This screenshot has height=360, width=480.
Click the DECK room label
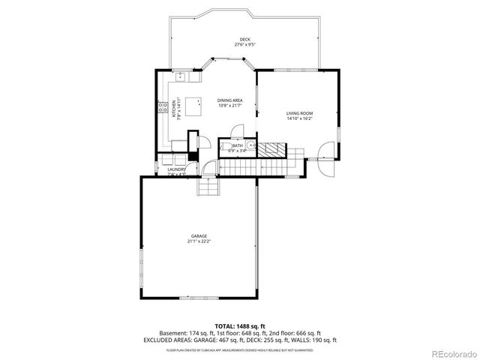click(x=244, y=39)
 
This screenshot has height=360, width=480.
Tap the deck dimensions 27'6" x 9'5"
click(x=244, y=45)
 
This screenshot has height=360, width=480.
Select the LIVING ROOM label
click(x=298, y=113)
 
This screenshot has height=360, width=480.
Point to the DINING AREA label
click(x=229, y=100)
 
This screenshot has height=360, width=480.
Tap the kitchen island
click(x=194, y=106)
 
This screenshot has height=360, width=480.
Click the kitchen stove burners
click(x=161, y=108)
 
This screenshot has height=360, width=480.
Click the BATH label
click(x=237, y=145)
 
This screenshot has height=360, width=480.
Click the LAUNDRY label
click(x=176, y=169)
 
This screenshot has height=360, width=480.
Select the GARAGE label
click(x=199, y=235)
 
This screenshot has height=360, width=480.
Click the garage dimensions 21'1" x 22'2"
click(x=199, y=241)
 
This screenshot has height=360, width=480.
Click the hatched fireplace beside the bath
click(x=275, y=146)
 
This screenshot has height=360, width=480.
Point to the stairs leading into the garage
click(x=208, y=186)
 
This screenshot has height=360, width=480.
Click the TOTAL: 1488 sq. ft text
click(x=240, y=325)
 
